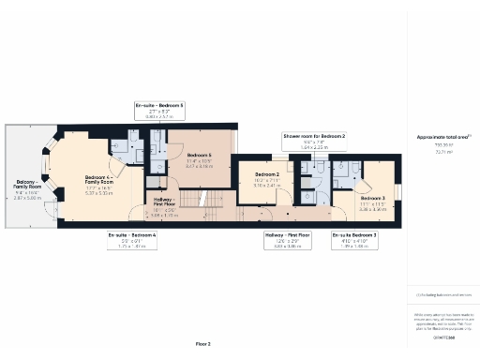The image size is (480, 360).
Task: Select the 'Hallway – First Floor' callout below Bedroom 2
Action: click(288, 239)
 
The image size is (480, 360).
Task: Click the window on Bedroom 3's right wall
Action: click(397, 193)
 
